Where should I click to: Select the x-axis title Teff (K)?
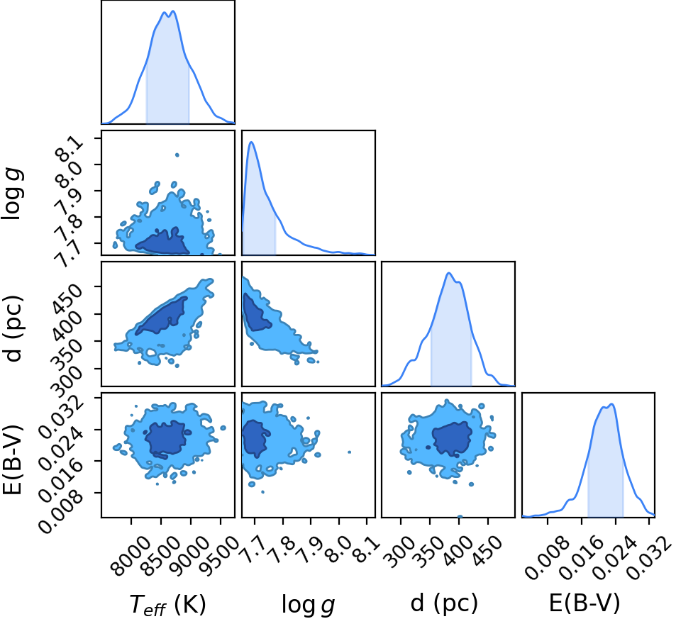pos(167,603)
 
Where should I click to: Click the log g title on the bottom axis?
pos(308,604)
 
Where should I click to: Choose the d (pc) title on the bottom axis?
pos(444,603)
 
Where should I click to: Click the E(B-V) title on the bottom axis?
pos(584,603)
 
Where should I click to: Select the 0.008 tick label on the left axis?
pos(60,508)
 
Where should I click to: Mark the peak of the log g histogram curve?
pos(251,142)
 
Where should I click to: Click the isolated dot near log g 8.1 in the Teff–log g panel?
pos(177,155)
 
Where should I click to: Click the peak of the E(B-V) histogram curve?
pos(611,404)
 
